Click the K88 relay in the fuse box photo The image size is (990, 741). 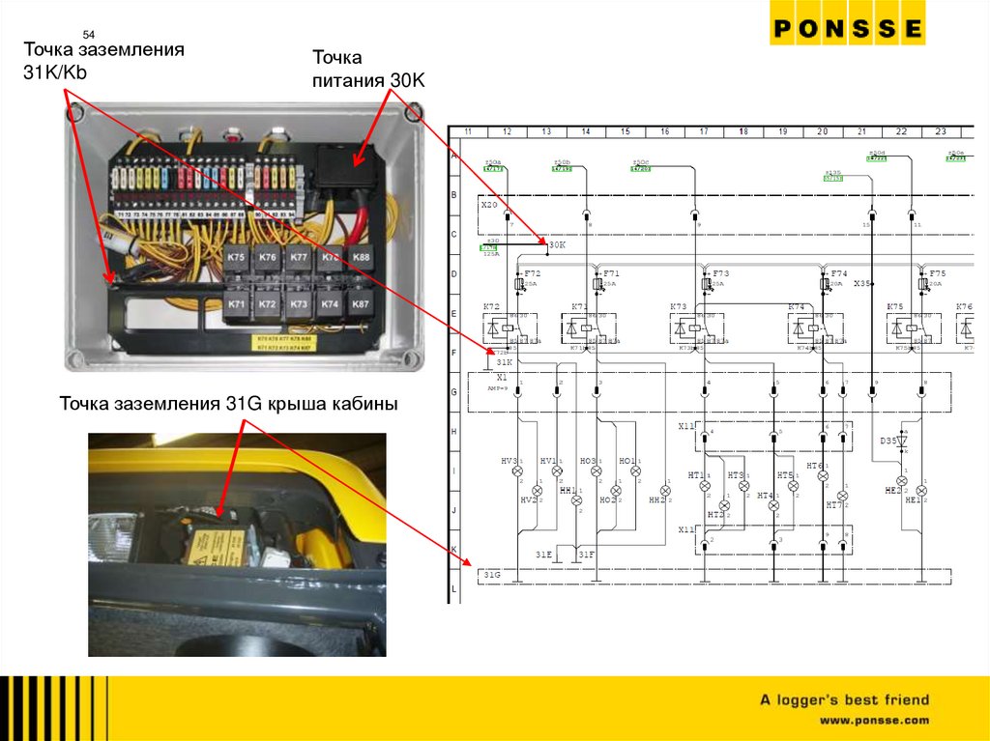pyautogui.click(x=360, y=258)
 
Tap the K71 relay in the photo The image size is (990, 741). pyautogui.click(x=237, y=304)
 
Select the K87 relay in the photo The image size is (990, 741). pyautogui.click(x=360, y=304)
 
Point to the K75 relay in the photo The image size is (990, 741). pyautogui.click(x=237, y=258)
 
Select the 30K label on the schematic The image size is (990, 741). pyautogui.click(x=557, y=245)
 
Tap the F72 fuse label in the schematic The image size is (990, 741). pyautogui.click(x=532, y=273)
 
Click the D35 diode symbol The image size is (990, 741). pyautogui.click(x=901, y=442)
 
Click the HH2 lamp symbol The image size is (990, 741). pyautogui.click(x=665, y=491)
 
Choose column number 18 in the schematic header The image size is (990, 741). pyautogui.click(x=743, y=130)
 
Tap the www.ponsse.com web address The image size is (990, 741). pyautogui.click(x=874, y=720)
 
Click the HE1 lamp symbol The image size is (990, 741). pyautogui.click(x=921, y=491)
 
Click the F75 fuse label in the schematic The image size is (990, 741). pyautogui.click(x=937, y=273)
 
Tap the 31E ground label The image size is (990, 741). pyautogui.click(x=544, y=555)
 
